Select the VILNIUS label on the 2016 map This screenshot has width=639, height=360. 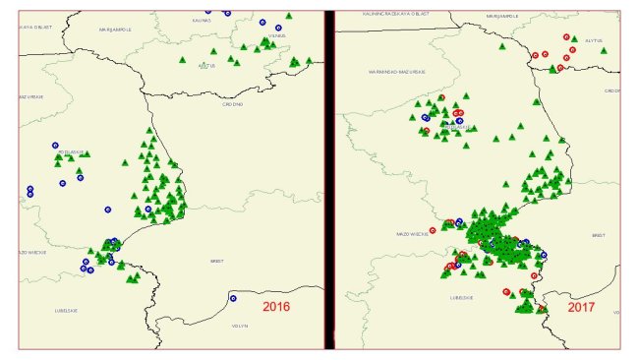275,36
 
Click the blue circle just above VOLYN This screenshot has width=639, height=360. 233,298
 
